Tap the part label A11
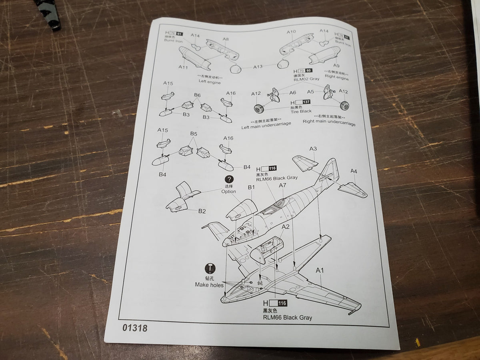click(183, 67)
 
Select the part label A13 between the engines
click(258, 67)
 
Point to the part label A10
click(291, 32)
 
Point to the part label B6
click(197, 95)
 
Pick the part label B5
click(194, 133)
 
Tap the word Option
click(229, 192)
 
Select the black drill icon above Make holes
click(210, 268)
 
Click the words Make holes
click(209, 285)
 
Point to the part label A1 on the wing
click(320, 271)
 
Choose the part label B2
click(202, 211)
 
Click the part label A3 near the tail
click(313, 149)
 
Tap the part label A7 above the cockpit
click(282, 185)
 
